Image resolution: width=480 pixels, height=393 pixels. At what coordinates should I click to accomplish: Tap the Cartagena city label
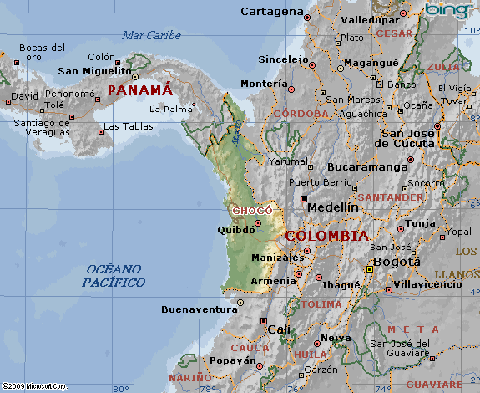[271, 11]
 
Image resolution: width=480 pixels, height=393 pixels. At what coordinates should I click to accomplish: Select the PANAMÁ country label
[139, 89]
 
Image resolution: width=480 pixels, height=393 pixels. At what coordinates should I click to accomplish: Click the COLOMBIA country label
[326, 237]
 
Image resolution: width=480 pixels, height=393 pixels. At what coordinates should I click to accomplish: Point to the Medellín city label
[333, 207]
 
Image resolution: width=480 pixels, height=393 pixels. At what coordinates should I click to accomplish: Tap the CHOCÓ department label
[252, 211]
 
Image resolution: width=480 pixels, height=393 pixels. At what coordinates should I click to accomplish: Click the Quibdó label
[235, 230]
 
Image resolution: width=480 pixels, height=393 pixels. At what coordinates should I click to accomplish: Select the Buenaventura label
[200, 309]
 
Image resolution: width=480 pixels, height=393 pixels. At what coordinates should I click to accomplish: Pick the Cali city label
[279, 329]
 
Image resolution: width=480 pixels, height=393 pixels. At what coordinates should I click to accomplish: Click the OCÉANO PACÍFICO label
[114, 276]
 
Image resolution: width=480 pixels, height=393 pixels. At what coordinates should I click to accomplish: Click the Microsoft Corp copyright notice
[34, 386]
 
